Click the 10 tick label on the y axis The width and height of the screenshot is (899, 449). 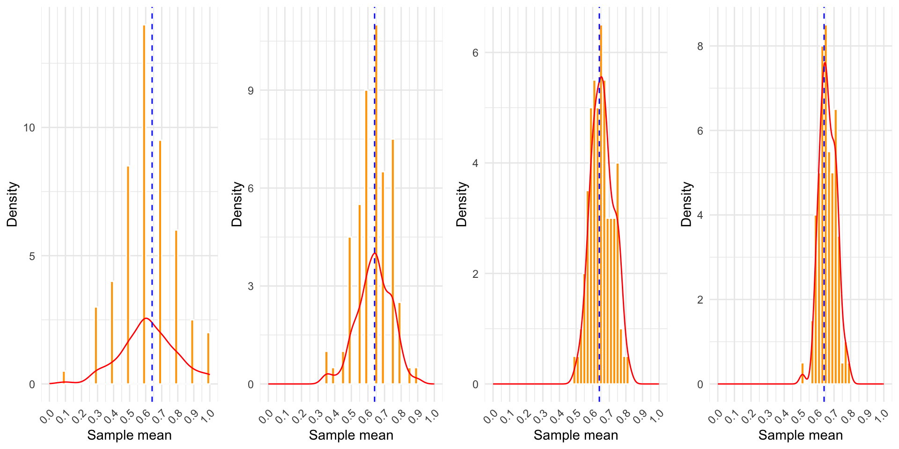coord(29,128)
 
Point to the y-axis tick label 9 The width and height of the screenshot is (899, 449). coord(251,90)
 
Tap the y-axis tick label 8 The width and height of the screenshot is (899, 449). coord(700,46)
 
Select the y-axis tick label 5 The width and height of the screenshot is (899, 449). coord(32,256)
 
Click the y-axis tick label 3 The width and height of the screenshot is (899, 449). coord(251,286)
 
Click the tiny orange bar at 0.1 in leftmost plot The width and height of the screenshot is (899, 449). coord(64,377)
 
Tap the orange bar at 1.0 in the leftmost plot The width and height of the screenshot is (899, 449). coord(208,358)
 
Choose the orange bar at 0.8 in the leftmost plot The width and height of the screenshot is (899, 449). coord(176,307)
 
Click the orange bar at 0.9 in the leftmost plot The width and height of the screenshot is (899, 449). coord(192,352)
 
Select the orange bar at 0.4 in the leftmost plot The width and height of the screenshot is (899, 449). coord(112,333)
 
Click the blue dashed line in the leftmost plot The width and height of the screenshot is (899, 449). coord(152,187)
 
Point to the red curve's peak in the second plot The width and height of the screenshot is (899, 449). coord(375,253)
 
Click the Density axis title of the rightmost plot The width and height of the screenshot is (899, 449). coord(686,204)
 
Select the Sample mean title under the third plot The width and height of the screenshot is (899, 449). coord(575,435)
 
